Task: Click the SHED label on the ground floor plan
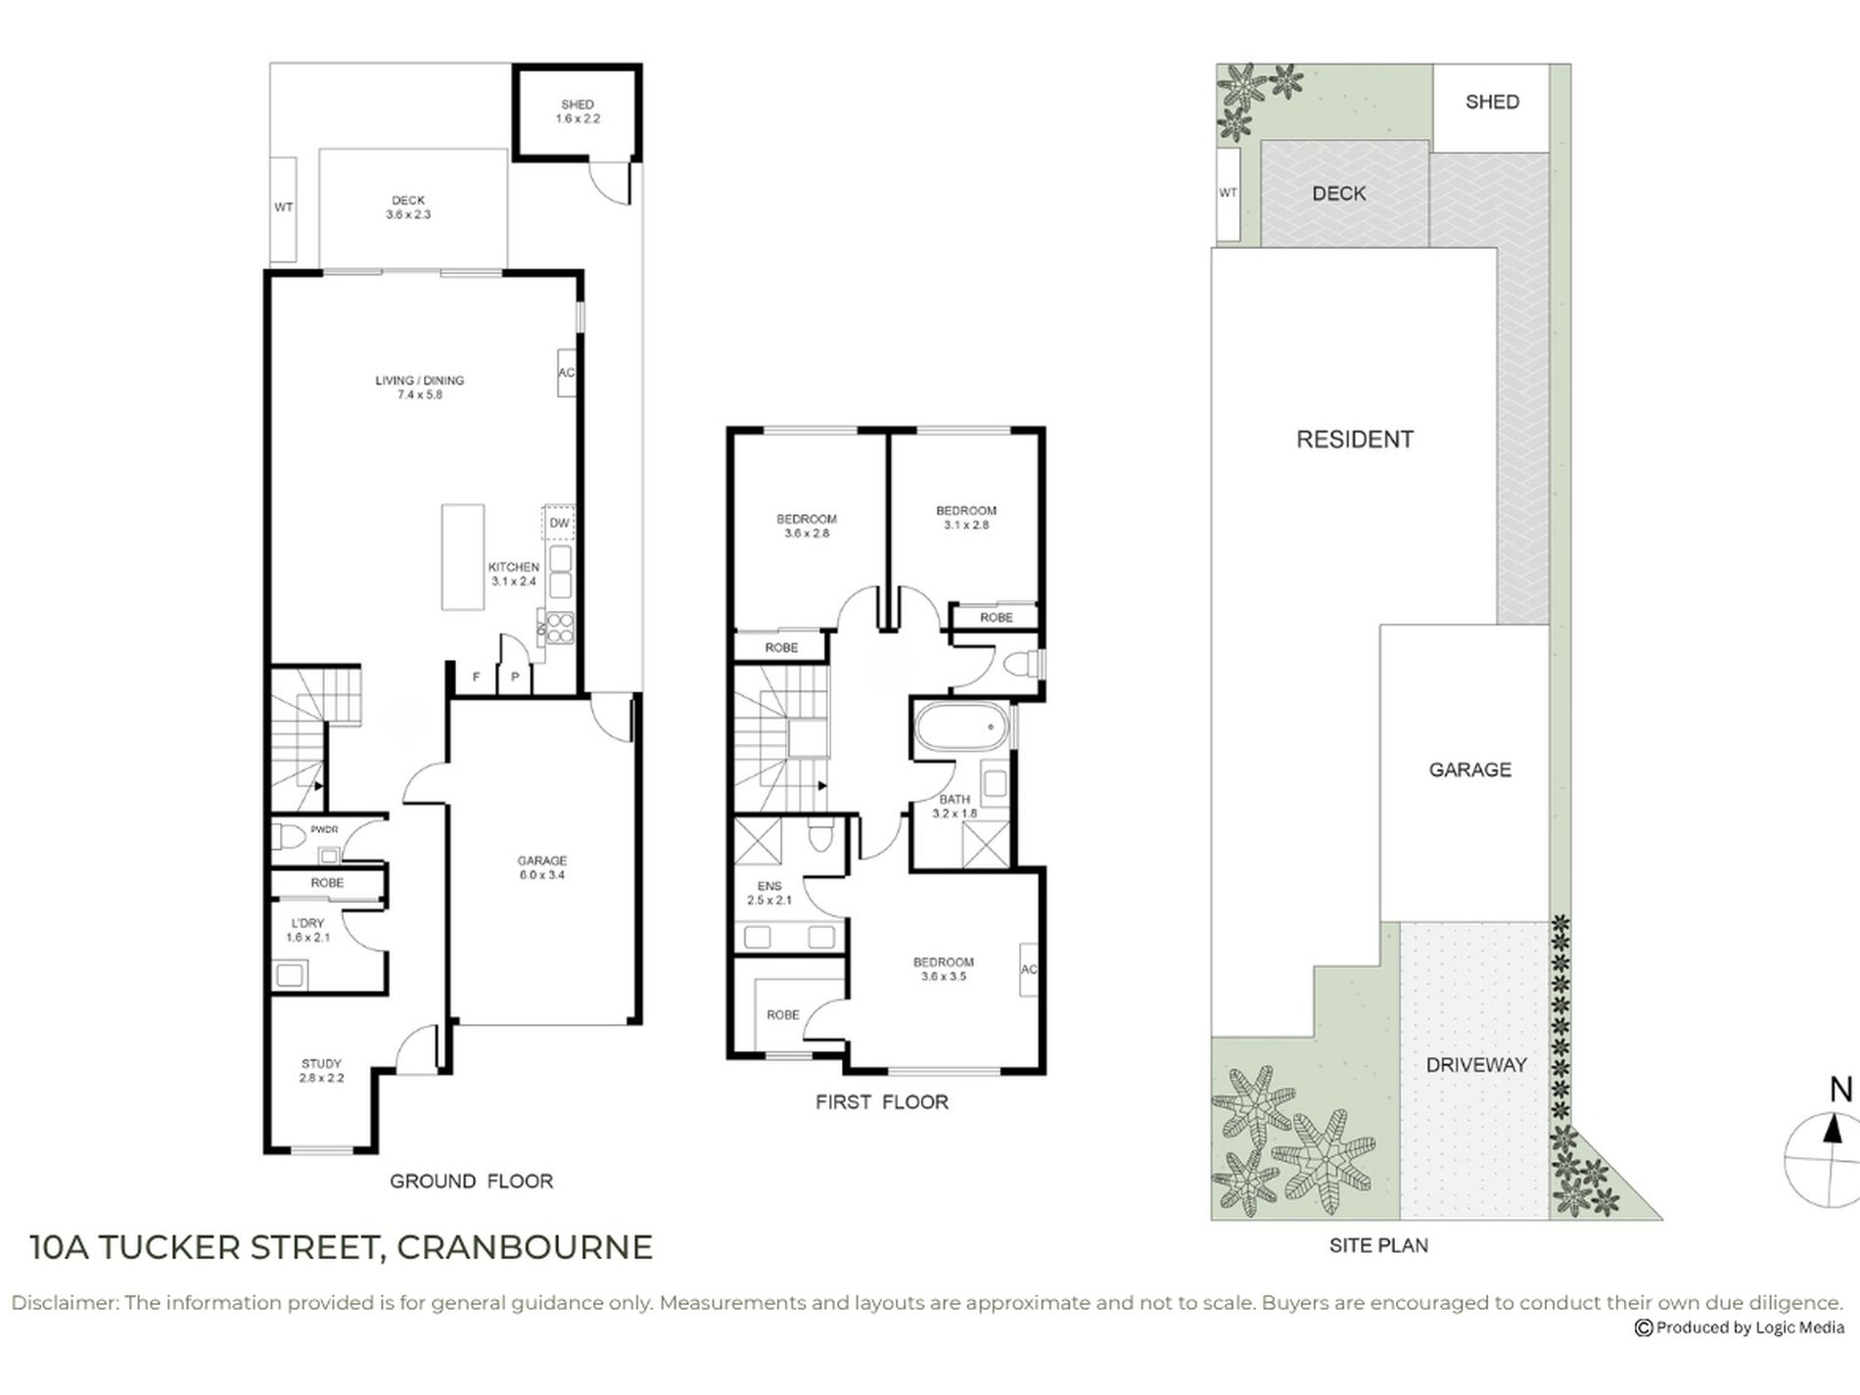[578, 104]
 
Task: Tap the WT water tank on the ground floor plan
[283, 209]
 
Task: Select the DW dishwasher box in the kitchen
[559, 523]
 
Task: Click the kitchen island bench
[463, 557]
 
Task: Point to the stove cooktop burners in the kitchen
[560, 627]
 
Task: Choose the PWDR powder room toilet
[289, 838]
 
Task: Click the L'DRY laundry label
[307, 923]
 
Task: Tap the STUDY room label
[321, 1063]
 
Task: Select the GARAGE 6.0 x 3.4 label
[542, 868]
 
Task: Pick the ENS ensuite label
[769, 886]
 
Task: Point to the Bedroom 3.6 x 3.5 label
[944, 969]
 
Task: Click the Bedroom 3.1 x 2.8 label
[966, 517]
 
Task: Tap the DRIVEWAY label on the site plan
[1476, 1065]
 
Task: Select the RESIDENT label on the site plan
[1355, 440]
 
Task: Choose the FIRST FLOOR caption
[882, 1102]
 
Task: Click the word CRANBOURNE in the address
[525, 1247]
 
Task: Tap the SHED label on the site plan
[1492, 102]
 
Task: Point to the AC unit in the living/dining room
[566, 373]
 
